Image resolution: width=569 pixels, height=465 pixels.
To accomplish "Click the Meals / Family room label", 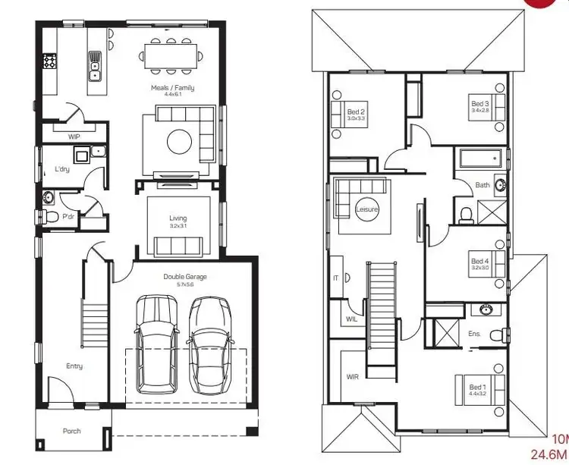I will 173,88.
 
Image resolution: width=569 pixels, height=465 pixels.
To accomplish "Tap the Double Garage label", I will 184,277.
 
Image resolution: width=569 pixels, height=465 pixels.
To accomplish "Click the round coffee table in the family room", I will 179,141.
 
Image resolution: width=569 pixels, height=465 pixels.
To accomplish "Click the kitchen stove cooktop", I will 51,61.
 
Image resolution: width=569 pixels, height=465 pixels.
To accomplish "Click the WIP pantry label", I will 74,137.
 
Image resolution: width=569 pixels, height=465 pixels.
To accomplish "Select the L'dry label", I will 62,169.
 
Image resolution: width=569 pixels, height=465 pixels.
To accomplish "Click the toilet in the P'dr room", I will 50,218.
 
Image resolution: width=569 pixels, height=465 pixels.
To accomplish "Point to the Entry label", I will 74,366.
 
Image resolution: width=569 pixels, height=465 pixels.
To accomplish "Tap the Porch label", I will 71,431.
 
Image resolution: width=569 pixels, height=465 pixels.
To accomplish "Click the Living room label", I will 178,218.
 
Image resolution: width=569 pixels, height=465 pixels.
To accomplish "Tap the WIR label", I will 352,376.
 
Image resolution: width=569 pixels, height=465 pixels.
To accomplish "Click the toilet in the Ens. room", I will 496,334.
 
